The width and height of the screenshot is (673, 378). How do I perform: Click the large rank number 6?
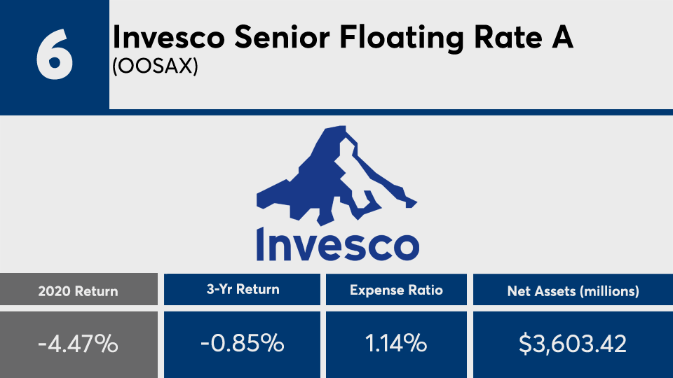click(x=55, y=55)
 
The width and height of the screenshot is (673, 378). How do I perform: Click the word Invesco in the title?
click(x=169, y=37)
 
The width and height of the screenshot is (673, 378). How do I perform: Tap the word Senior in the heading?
click(x=282, y=37)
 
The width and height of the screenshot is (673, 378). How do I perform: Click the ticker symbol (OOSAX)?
click(x=156, y=66)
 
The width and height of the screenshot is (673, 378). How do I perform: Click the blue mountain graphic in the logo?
click(x=336, y=175)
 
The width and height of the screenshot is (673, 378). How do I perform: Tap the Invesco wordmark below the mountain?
click(x=338, y=244)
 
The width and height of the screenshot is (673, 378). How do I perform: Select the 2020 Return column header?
click(x=78, y=291)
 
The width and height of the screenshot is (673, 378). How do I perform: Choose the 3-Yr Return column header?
click(x=243, y=289)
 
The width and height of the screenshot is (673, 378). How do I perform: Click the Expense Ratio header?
click(x=396, y=290)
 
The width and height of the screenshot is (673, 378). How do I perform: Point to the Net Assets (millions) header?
click(x=573, y=291)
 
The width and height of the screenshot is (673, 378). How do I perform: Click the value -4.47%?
click(x=78, y=344)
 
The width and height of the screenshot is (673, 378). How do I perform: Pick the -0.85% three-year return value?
click(x=243, y=344)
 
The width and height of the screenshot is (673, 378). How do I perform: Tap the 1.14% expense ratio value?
click(x=395, y=344)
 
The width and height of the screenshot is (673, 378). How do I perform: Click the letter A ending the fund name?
click(x=563, y=37)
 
